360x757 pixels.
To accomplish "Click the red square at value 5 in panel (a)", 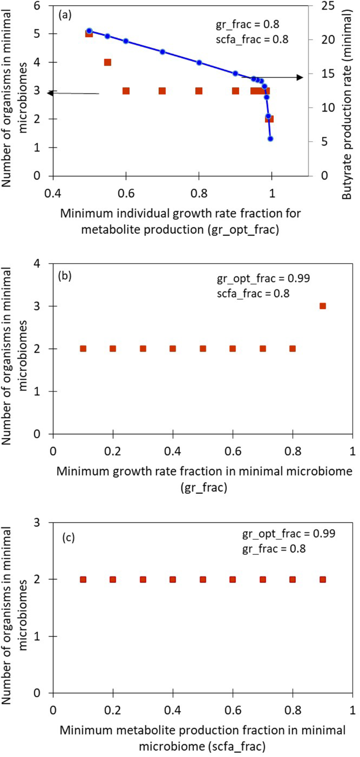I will pyautogui.click(x=89, y=34).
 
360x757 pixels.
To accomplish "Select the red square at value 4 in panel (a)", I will pyautogui.click(x=107, y=62).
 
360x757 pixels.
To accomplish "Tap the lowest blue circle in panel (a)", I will pyautogui.click(x=270, y=139).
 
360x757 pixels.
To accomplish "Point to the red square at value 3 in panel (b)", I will pyautogui.click(x=323, y=306).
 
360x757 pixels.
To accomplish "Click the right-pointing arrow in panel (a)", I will pyautogui.click(x=300, y=78).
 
